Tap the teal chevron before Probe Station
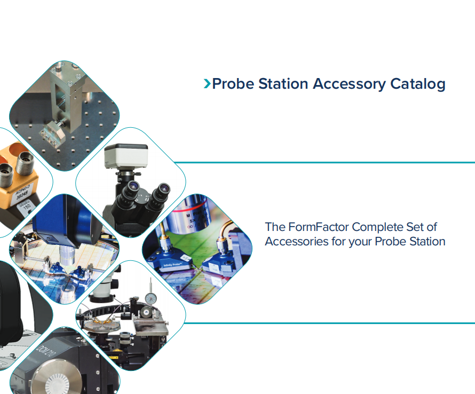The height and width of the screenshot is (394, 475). [207, 84]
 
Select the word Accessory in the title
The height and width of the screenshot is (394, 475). [349, 84]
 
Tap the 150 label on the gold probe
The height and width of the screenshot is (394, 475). [27, 206]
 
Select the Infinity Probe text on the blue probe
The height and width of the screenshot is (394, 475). [172, 265]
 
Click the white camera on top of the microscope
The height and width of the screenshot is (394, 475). [126, 156]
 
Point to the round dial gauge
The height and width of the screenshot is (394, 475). [151, 298]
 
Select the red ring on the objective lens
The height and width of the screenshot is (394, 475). [192, 208]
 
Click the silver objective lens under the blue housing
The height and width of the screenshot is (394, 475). [67, 256]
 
